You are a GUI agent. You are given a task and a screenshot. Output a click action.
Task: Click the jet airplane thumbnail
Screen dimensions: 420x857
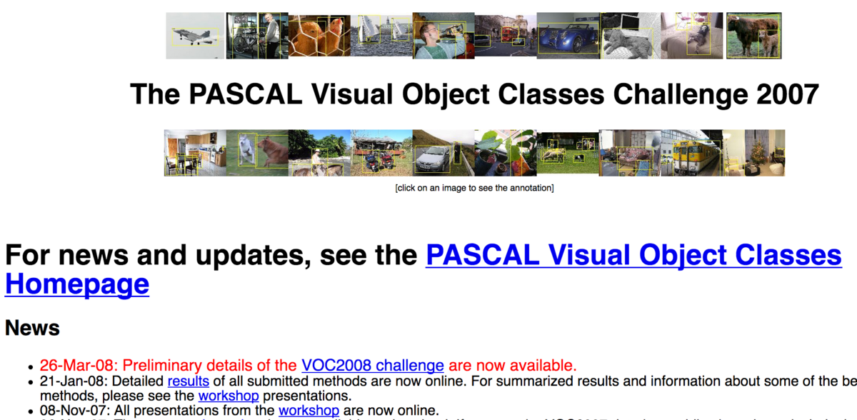(196, 36)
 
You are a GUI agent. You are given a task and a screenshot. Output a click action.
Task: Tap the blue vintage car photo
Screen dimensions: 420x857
(568, 36)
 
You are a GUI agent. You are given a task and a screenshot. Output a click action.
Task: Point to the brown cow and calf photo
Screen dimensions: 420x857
(753, 36)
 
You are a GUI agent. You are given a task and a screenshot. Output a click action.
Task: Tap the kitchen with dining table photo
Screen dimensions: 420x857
(195, 153)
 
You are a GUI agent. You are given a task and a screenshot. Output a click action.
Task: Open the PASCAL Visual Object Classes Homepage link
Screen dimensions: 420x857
(633, 256)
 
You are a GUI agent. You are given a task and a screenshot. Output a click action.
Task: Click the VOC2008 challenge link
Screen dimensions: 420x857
(372, 366)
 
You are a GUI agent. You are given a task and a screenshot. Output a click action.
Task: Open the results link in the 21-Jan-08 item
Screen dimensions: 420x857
(188, 381)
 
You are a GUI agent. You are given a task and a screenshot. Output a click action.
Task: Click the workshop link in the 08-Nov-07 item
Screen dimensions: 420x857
(308, 410)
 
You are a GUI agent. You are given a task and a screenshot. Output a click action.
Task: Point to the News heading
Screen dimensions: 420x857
(32, 328)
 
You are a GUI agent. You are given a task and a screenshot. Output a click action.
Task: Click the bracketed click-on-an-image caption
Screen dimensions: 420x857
(474, 188)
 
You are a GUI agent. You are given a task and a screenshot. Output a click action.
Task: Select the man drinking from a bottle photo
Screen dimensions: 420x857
(443, 36)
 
